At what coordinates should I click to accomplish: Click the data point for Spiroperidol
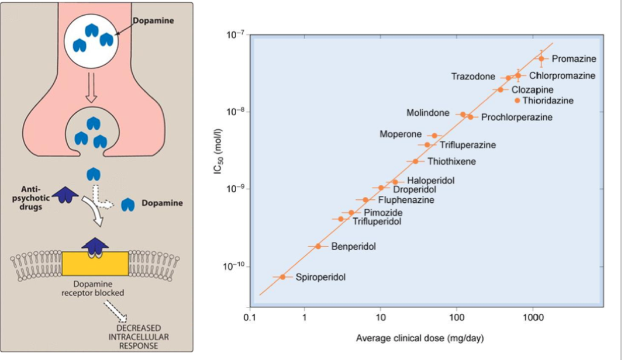[283, 277]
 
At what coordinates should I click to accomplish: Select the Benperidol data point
[318, 246]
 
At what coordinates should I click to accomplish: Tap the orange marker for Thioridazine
[517, 101]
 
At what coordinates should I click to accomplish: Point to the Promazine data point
[541, 58]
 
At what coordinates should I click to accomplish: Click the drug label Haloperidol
[430, 181]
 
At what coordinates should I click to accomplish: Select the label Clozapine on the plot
[532, 89]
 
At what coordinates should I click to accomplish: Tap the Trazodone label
[473, 77]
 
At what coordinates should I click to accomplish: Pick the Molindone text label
[428, 113]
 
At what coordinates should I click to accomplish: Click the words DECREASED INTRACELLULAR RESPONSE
[139, 337]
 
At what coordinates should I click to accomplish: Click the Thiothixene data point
[415, 161]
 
